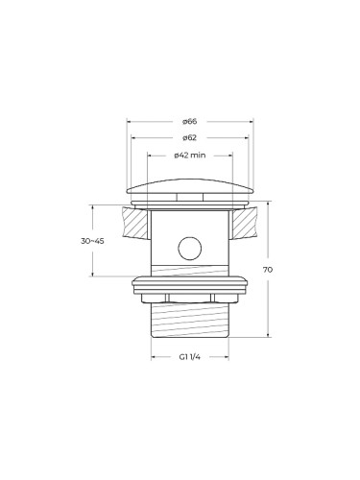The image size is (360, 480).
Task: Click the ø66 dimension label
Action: [190, 122]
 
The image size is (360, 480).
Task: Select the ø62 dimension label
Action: [190, 138]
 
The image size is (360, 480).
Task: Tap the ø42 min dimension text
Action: [190, 156]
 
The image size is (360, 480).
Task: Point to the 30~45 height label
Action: [92, 241]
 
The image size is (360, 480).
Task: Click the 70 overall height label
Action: [268, 270]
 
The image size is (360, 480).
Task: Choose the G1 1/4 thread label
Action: [190, 357]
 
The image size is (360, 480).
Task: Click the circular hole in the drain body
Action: [190, 249]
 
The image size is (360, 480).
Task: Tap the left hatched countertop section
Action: [134, 223]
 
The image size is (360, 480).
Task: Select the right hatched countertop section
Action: [245, 223]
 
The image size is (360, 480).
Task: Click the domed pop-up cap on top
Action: [190, 186]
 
